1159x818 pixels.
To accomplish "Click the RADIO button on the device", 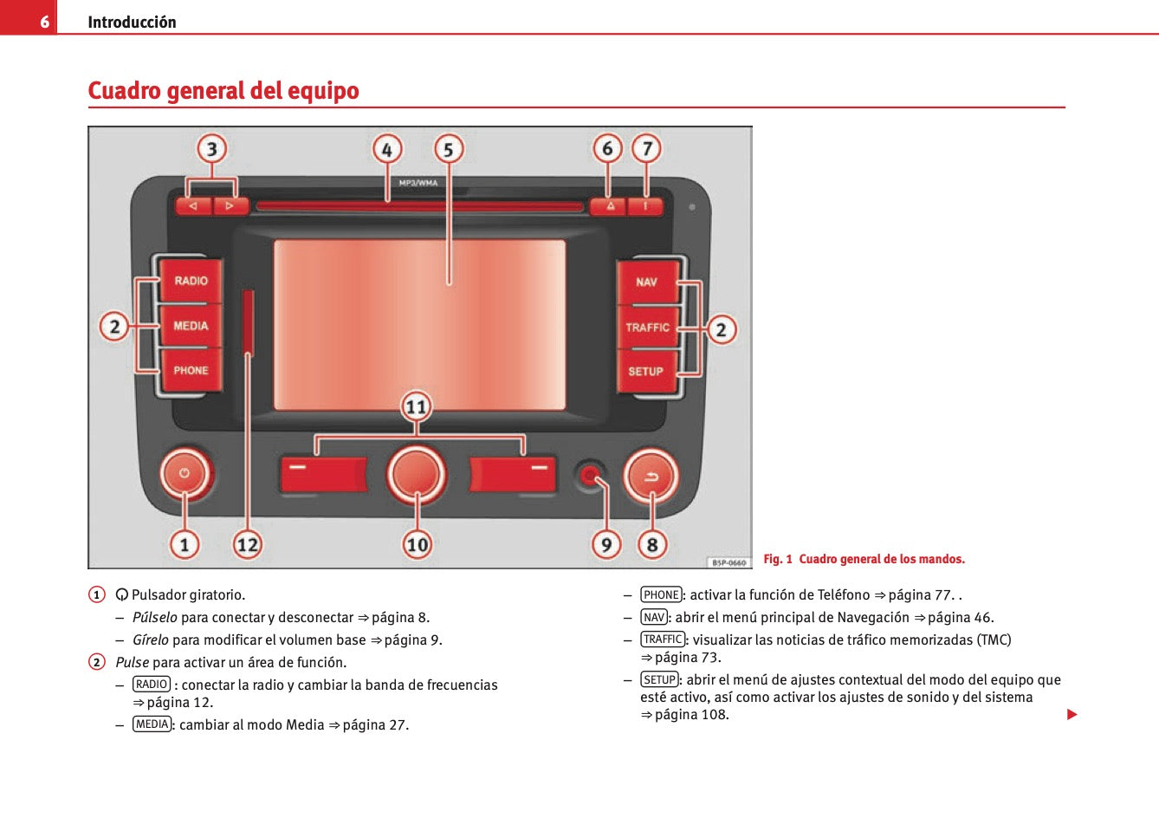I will pyautogui.click(x=191, y=281).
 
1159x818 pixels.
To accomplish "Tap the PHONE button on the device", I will pyautogui.click(x=191, y=371).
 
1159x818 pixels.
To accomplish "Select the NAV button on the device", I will pyautogui.click(x=646, y=282).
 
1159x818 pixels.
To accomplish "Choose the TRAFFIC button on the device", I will pyautogui.click(x=647, y=328).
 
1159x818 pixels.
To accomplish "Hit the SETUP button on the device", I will pyautogui.click(x=645, y=372).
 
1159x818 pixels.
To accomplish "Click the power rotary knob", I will pyautogui.click(x=185, y=474).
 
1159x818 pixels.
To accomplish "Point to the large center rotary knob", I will pyautogui.click(x=417, y=474).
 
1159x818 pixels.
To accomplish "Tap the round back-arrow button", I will pyautogui.click(x=651, y=476).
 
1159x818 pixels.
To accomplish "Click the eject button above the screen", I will pyautogui.click(x=610, y=206).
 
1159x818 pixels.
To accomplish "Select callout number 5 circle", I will pyautogui.click(x=449, y=150).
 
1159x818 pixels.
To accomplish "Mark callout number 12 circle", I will pyautogui.click(x=248, y=544).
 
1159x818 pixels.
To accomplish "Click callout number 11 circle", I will pyautogui.click(x=417, y=406).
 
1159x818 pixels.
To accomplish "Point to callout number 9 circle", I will pyautogui.click(x=606, y=544).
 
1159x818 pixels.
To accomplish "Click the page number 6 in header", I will pyautogui.click(x=44, y=22).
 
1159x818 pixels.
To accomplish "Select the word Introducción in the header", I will pyautogui.click(x=132, y=23).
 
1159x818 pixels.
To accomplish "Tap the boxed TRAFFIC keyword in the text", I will pyautogui.click(x=663, y=639).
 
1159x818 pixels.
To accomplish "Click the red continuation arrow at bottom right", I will pyautogui.click(x=1072, y=715).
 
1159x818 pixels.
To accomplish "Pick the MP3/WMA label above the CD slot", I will pyautogui.click(x=418, y=183).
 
